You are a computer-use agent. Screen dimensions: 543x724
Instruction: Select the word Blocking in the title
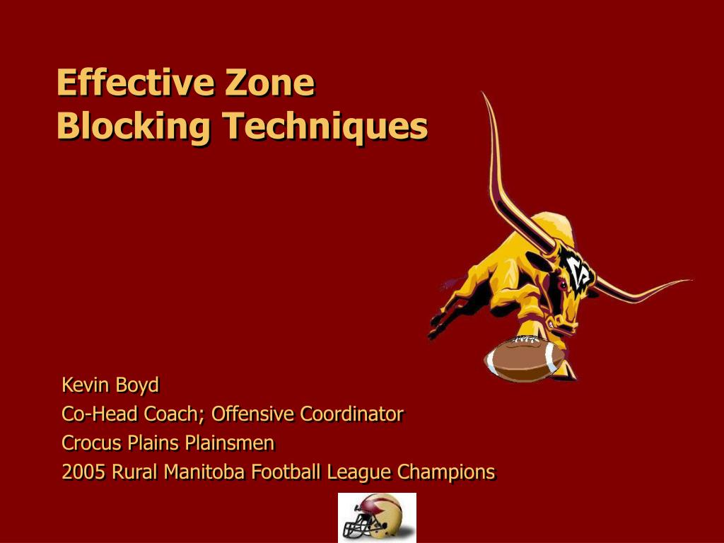coord(134,127)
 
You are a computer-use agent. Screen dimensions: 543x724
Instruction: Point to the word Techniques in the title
coord(326,127)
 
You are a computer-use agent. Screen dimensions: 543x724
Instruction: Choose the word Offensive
coord(254,414)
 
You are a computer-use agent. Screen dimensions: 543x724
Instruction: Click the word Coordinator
coord(351,414)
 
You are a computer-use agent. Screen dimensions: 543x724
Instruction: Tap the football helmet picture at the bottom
coord(377,517)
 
